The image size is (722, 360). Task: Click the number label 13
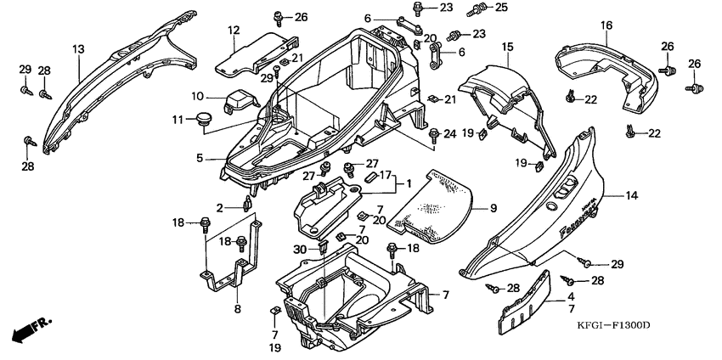pyautogui.click(x=78, y=50)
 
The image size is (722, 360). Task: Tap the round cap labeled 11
pyautogui.click(x=204, y=119)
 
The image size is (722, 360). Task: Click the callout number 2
pyautogui.click(x=219, y=207)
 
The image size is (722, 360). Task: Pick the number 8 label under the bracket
pyautogui.click(x=237, y=310)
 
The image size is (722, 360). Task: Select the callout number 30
pyautogui.click(x=299, y=249)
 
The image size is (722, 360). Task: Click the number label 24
pyautogui.click(x=449, y=133)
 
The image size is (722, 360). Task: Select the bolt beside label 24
pyautogui.click(x=434, y=133)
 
